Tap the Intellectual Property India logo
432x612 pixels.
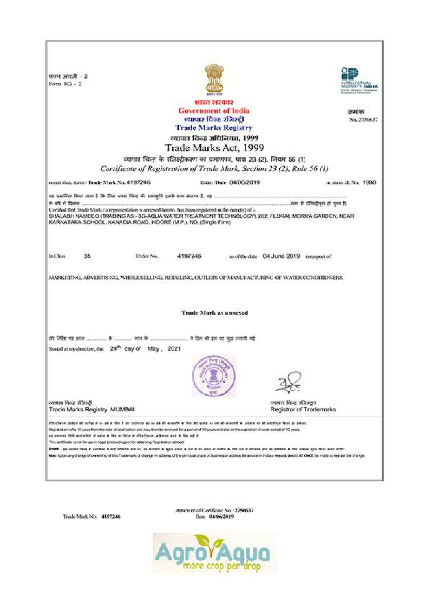pos(359,80)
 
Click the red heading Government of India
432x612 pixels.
pos(214,111)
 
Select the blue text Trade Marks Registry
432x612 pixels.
pos(214,128)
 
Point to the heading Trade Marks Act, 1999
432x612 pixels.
pos(214,148)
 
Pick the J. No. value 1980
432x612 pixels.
pos(369,182)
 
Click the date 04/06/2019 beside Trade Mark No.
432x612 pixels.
pos(244,182)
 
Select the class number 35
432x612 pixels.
pos(87,256)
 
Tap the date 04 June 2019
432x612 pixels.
pos(281,256)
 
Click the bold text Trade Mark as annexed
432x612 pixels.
pos(214,313)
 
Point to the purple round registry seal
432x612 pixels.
pos(214,376)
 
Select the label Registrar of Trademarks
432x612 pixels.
pos(303,409)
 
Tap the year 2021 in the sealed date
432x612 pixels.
pos(174,349)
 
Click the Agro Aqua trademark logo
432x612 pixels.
pos(214,552)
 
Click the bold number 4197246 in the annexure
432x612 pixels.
pos(111,516)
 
